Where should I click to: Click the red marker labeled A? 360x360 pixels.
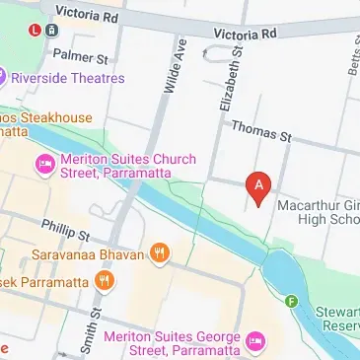click(x=258, y=185)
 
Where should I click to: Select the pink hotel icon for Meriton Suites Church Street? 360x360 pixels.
click(x=42, y=165)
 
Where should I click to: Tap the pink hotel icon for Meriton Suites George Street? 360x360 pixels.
click(x=255, y=340)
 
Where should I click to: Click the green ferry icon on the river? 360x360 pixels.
click(x=290, y=301)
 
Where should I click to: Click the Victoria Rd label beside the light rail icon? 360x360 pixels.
click(x=88, y=14)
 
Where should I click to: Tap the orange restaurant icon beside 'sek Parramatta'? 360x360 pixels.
click(x=104, y=283)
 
